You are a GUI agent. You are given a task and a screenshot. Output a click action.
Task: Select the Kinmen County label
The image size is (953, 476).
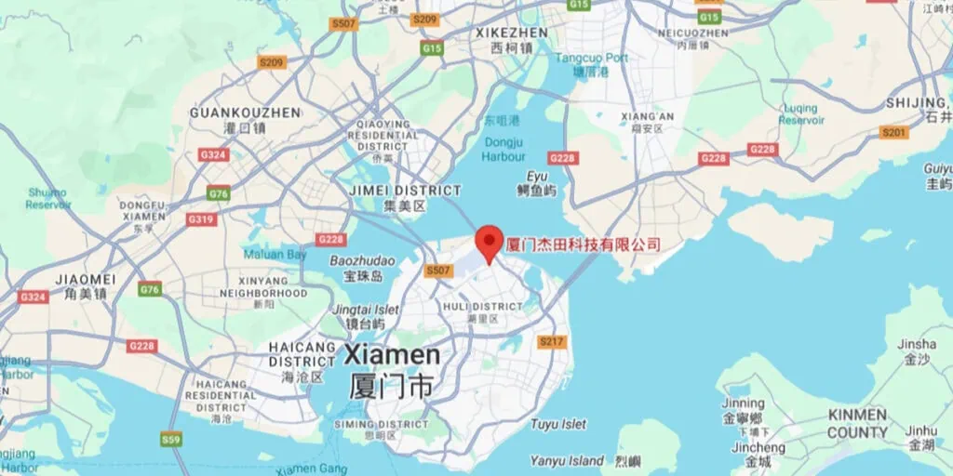tap(857, 423)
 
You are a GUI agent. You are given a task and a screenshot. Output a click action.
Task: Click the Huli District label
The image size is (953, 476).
tap(483, 307)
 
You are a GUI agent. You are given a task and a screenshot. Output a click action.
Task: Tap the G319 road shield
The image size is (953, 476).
tap(201, 219)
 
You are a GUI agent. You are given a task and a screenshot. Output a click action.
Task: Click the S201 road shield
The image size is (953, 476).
tap(893, 133)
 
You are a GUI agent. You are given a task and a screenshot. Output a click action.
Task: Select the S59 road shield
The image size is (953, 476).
tap(171, 439)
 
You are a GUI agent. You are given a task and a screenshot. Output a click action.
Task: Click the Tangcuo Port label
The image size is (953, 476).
tap(592, 59)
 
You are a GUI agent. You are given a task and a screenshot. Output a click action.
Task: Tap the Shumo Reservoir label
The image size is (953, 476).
tap(47, 198)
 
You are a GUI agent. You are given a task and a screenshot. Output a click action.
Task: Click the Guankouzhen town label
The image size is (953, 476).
tap(245, 112)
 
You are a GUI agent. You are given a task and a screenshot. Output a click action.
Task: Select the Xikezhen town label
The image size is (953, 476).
tap(511, 33)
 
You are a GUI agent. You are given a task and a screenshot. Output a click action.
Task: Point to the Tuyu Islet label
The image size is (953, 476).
tap(558, 424)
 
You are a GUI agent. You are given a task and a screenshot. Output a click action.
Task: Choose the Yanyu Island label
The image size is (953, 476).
tap(567, 460)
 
